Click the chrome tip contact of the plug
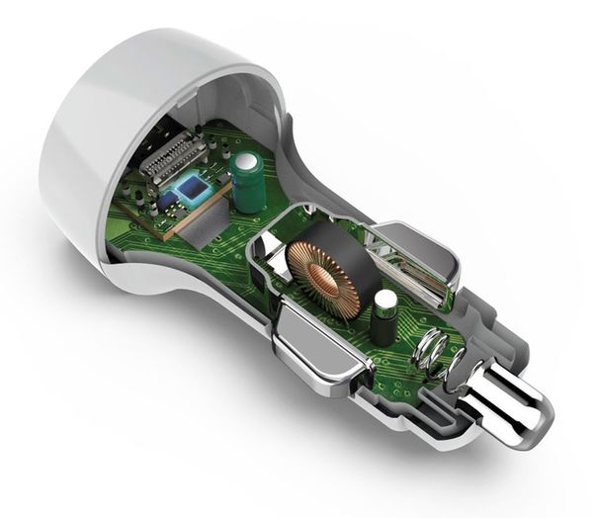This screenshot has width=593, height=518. point(514,411)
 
